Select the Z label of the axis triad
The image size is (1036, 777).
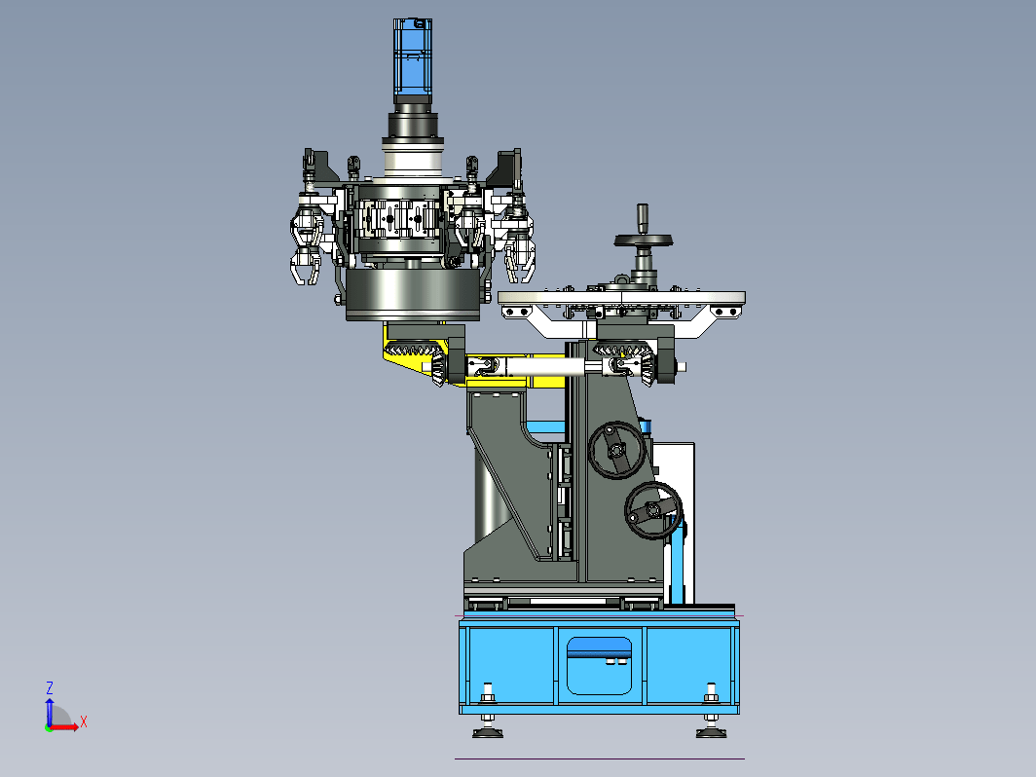(49, 687)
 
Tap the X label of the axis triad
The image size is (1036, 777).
(84, 721)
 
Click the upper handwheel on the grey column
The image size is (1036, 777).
(617, 450)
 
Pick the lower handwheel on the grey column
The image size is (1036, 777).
(653, 510)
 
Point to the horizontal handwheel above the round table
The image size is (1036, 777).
(643, 240)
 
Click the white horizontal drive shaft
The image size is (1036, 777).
(546, 365)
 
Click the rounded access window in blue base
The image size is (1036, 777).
(599, 666)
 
